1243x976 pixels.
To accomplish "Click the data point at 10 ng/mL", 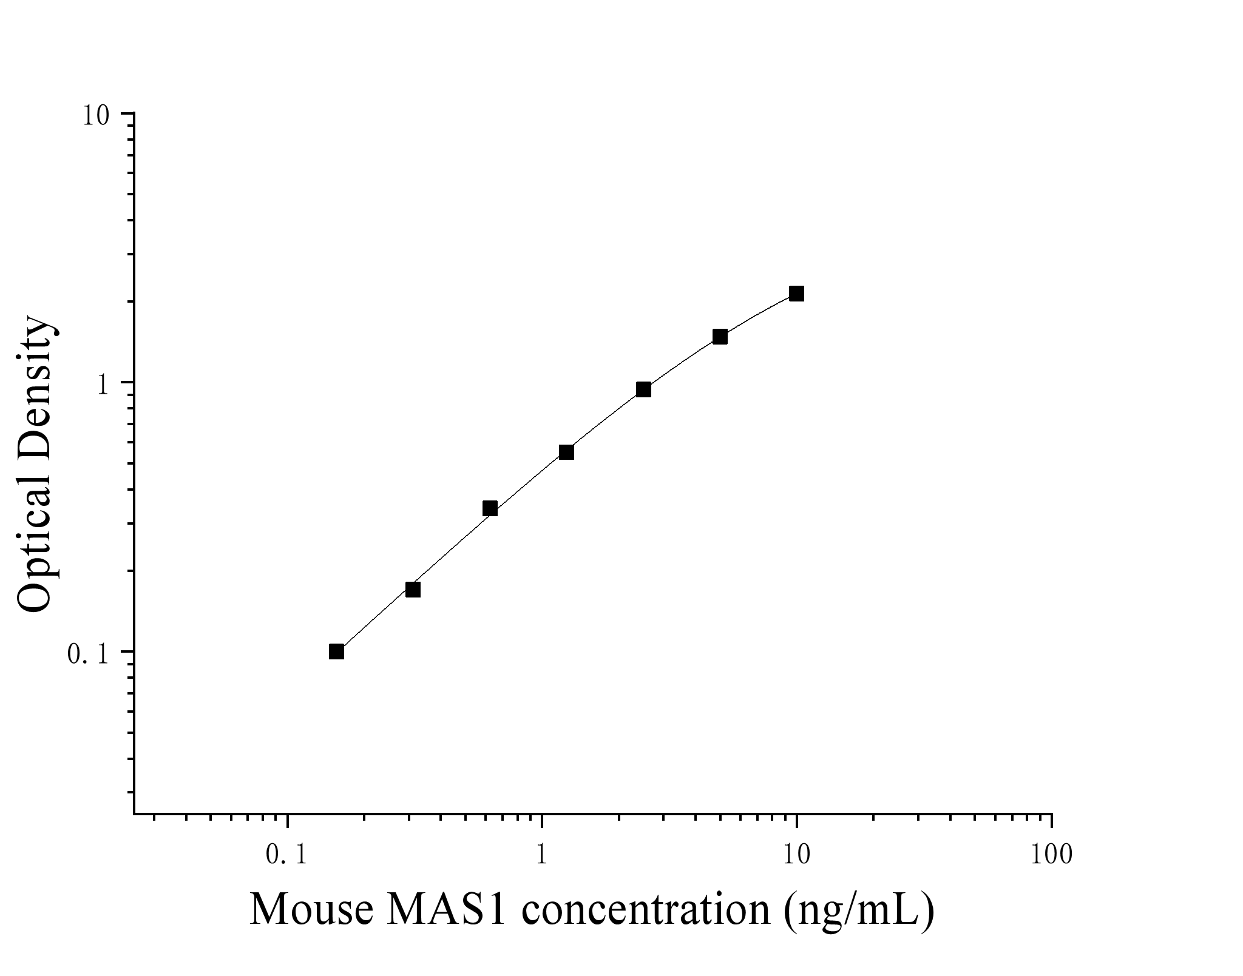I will tap(796, 294).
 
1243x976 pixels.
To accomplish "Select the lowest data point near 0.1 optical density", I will tap(336, 651).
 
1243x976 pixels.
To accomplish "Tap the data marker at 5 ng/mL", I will tap(720, 337).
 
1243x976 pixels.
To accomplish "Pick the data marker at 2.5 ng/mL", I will tap(643, 389).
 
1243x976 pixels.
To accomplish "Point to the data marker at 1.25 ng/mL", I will tap(566, 452).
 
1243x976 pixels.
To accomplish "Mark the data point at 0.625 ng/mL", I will tap(490, 508).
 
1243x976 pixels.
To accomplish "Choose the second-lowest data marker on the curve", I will tap(413, 590).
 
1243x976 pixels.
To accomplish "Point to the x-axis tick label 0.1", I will tap(286, 855).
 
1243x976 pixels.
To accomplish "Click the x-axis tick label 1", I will tap(541, 855).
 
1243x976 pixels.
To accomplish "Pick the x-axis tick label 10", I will tap(796, 855).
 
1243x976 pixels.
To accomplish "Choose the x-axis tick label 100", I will tap(1051, 855).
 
